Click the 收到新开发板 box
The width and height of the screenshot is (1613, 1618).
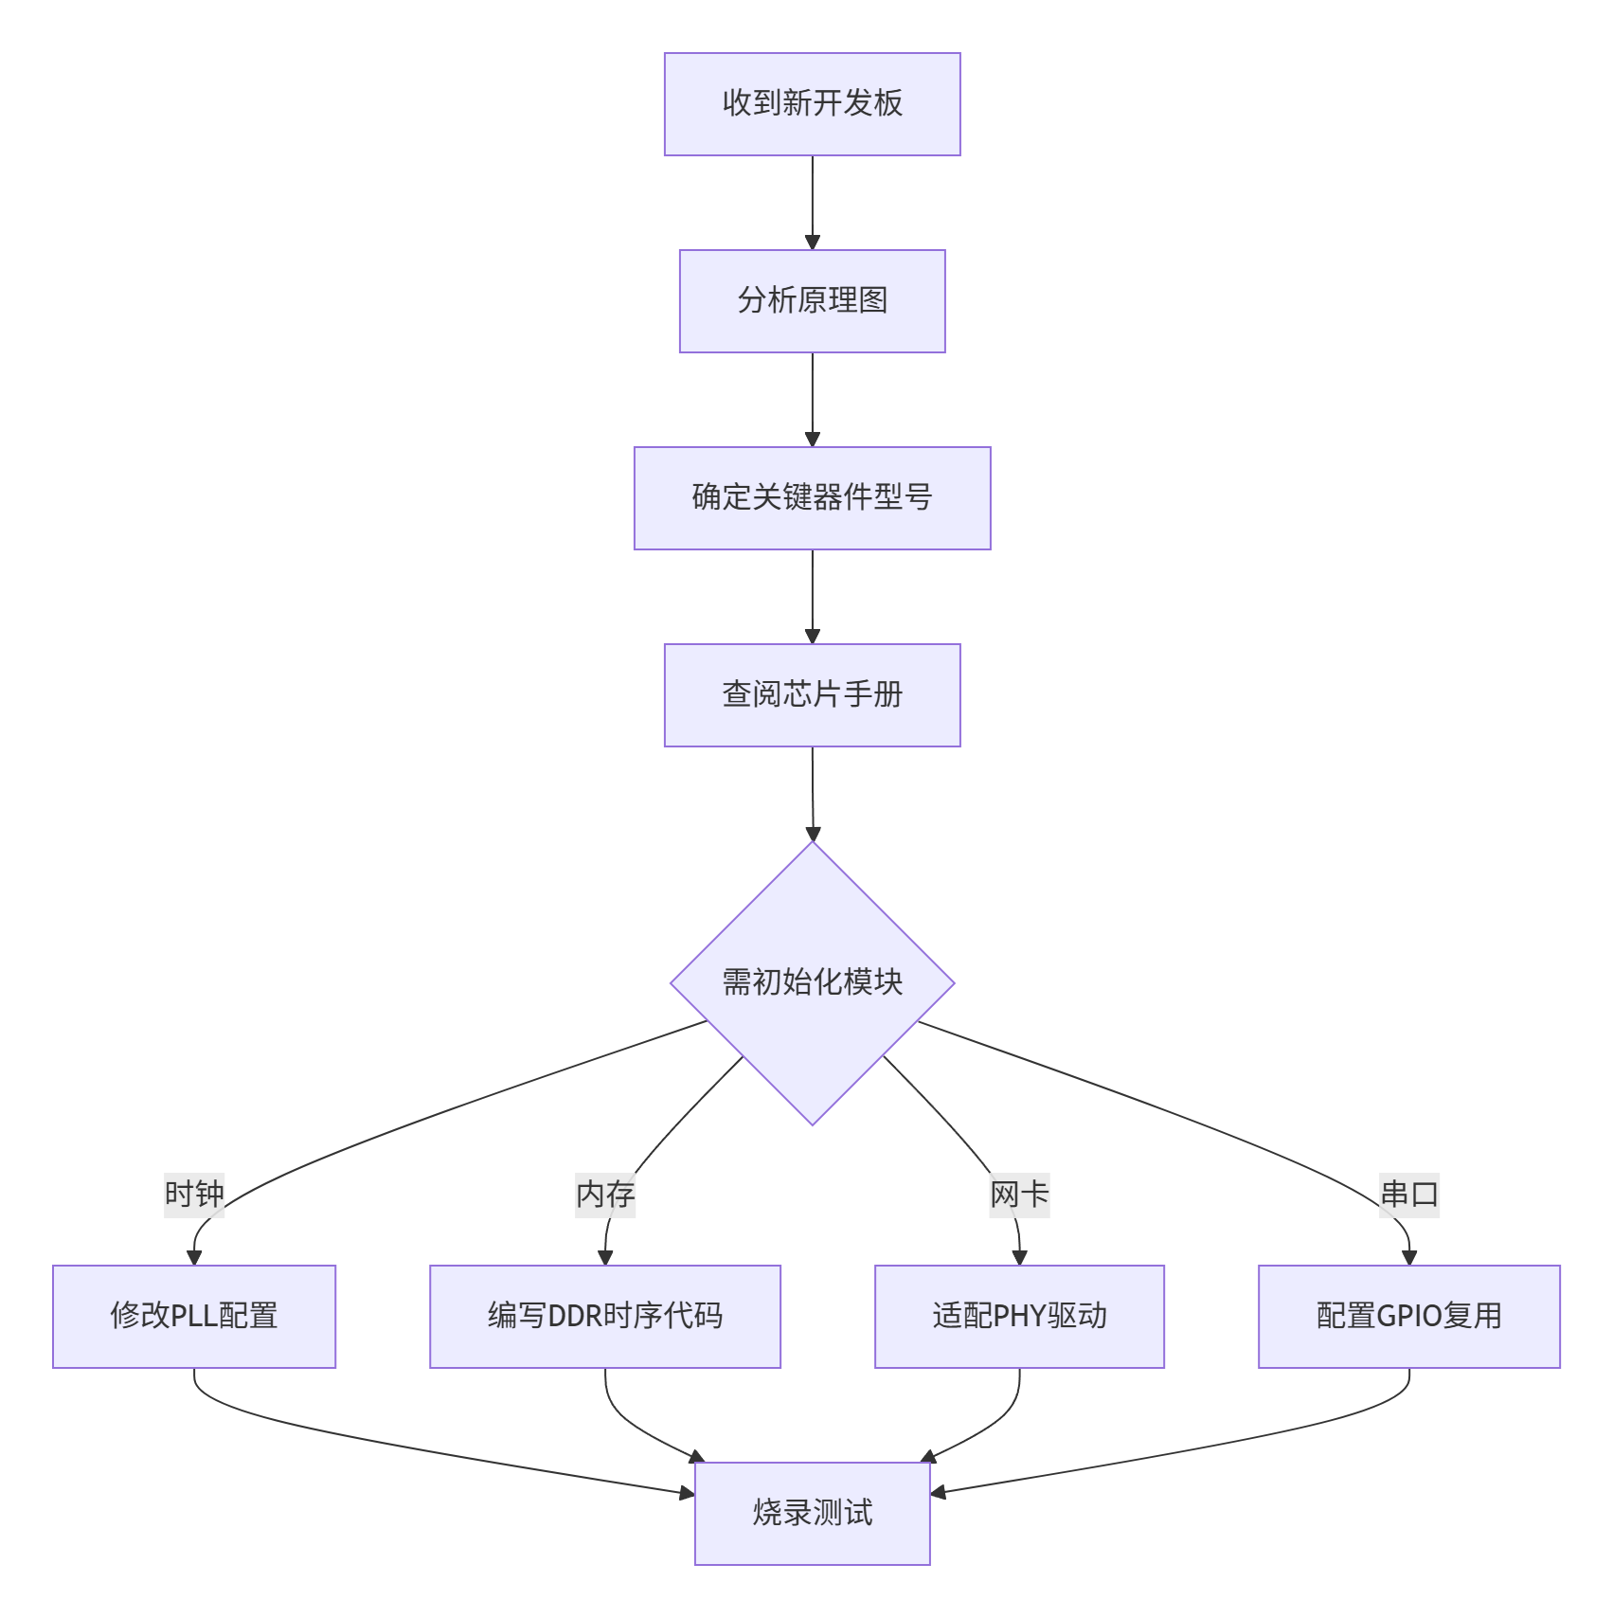[812, 104]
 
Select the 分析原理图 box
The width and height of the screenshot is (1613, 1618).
[812, 301]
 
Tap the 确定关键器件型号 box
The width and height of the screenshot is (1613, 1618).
[812, 498]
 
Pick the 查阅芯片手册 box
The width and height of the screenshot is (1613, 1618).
[812, 695]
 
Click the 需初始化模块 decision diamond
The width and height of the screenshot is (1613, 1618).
[812, 983]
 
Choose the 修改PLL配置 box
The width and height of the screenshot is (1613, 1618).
[194, 1317]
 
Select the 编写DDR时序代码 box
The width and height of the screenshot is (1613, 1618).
[605, 1317]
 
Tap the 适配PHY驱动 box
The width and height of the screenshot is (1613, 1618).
[1019, 1317]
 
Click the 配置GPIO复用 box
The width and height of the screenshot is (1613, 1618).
[1409, 1317]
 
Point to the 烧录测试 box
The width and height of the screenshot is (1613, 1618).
[812, 1514]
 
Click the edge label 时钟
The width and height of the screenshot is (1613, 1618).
[194, 1194]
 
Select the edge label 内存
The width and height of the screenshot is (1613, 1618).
[605, 1194]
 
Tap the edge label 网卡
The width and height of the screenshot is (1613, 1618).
[1019, 1194]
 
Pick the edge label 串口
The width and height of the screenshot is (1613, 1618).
[1409, 1194]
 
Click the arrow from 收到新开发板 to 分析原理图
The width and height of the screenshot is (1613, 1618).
[812, 203]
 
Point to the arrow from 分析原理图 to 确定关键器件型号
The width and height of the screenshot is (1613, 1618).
[812, 400]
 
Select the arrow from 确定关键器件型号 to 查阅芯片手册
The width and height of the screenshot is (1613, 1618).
[812, 597]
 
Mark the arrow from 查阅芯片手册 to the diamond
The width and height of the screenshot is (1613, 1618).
[812, 794]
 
